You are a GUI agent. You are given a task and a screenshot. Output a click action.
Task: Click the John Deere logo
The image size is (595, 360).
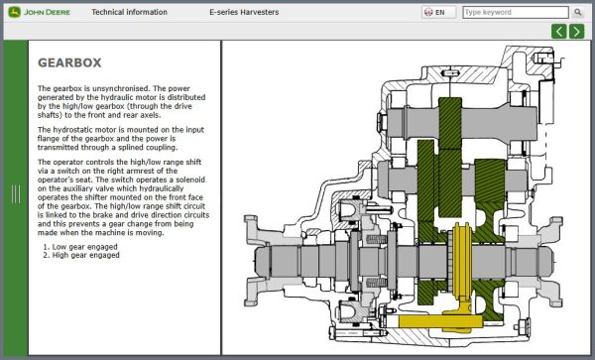pyautogui.click(x=40, y=12)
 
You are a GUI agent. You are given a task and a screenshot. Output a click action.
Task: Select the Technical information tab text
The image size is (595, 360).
pyautogui.click(x=129, y=12)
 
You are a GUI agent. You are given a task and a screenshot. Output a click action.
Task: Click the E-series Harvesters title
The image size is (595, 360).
pyautogui.click(x=244, y=12)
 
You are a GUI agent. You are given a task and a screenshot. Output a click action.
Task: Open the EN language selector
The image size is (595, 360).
pyautogui.click(x=433, y=12)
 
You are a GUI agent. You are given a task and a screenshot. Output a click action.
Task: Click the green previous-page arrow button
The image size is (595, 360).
pyautogui.click(x=560, y=31)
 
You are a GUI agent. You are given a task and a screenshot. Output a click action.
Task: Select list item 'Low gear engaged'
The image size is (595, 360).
pyautogui.click(x=85, y=246)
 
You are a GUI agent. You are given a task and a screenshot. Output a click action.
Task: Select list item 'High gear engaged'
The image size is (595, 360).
pyautogui.click(x=86, y=255)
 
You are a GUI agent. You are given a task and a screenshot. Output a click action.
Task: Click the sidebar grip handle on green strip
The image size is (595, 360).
pyautogui.click(x=15, y=194)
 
